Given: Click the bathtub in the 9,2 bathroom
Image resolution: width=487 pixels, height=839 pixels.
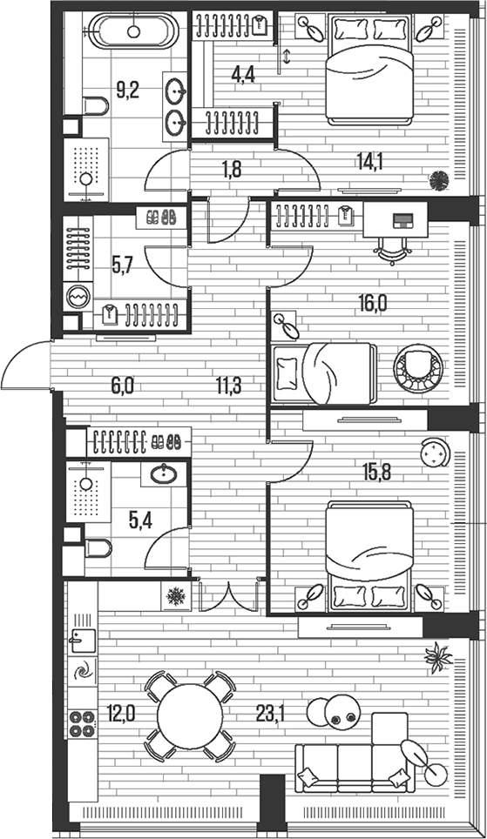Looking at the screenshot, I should coord(134,33).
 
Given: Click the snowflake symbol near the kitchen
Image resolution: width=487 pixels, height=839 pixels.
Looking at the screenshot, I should coord(176,597).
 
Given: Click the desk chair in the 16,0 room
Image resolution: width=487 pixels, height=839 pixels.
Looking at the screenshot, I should coord(391,247).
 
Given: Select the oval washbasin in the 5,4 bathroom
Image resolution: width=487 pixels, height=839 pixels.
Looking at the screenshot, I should coord(165,475).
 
